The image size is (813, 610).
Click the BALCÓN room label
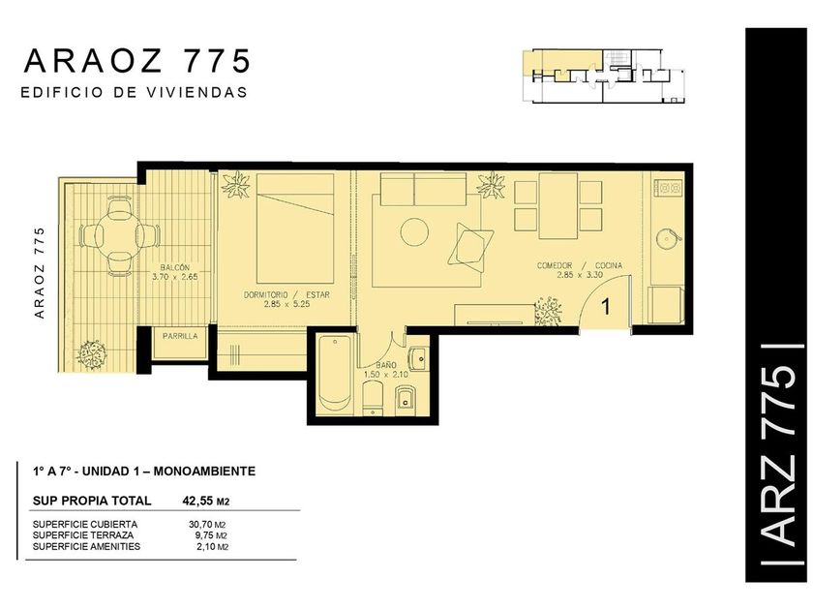pos(175,267)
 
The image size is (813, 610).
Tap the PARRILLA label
pos(180,336)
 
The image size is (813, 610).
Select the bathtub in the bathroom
pos(336,374)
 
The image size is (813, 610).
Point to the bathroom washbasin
pos(418,358)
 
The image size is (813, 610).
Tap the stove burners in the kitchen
pos(669,187)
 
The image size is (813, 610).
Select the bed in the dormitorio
pos(295,229)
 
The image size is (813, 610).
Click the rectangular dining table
pos(557,206)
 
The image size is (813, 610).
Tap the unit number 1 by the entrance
pos(606,307)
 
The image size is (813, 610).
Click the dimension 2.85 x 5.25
pos(286,304)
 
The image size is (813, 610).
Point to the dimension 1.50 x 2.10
pos(386,374)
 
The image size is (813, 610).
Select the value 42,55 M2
pos(206,502)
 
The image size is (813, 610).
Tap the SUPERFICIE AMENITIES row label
pos(86,546)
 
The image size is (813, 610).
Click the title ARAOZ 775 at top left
pos(137,61)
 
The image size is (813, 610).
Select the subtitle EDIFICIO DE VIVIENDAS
pos(134,92)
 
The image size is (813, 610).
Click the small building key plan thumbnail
pos(604,76)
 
